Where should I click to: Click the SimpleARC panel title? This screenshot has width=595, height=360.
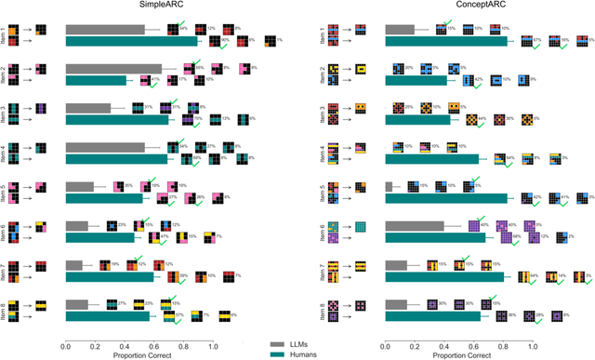coord(139,7)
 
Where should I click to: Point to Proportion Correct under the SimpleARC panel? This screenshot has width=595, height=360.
coord(139,354)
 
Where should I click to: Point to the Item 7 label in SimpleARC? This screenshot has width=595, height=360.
coord(8,270)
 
